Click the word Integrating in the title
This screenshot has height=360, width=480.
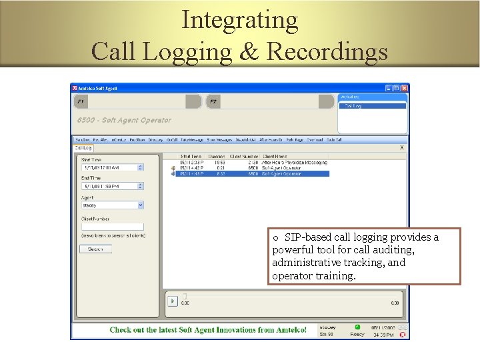pos(239,20)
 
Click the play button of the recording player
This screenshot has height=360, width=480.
pos(172,302)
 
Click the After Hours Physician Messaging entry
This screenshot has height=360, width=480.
pos(294,162)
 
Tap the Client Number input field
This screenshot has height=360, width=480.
pos(112,227)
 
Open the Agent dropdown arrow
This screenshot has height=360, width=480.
pos(141,206)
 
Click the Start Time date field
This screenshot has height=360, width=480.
pos(109,167)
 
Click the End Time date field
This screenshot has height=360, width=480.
pos(109,187)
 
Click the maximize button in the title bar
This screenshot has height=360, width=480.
pos(397,88)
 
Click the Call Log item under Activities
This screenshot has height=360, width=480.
pos(353,106)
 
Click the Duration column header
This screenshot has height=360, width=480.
pos(216,157)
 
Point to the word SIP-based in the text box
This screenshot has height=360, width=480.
pos(304,237)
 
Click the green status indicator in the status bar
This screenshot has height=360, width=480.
pos(357,327)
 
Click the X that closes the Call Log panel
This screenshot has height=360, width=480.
pos(401,147)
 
